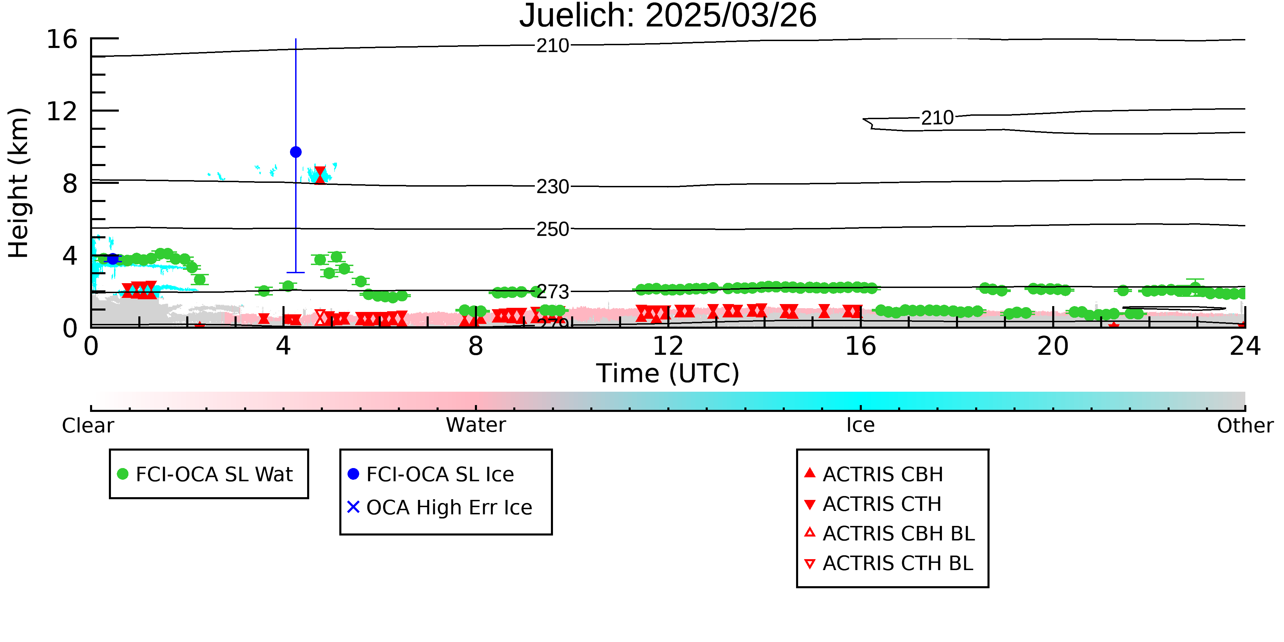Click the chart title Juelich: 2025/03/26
(668, 16)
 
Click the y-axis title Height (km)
(18, 183)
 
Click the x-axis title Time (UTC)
(668, 373)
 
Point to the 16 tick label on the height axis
(62, 39)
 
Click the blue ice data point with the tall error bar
(295, 152)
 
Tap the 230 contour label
(553, 187)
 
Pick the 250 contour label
(553, 229)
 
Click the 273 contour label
(553, 292)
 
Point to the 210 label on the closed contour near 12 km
(937, 118)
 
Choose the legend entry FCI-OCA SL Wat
(205, 474)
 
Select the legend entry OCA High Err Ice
(440, 507)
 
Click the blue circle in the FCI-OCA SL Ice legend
(353, 474)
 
